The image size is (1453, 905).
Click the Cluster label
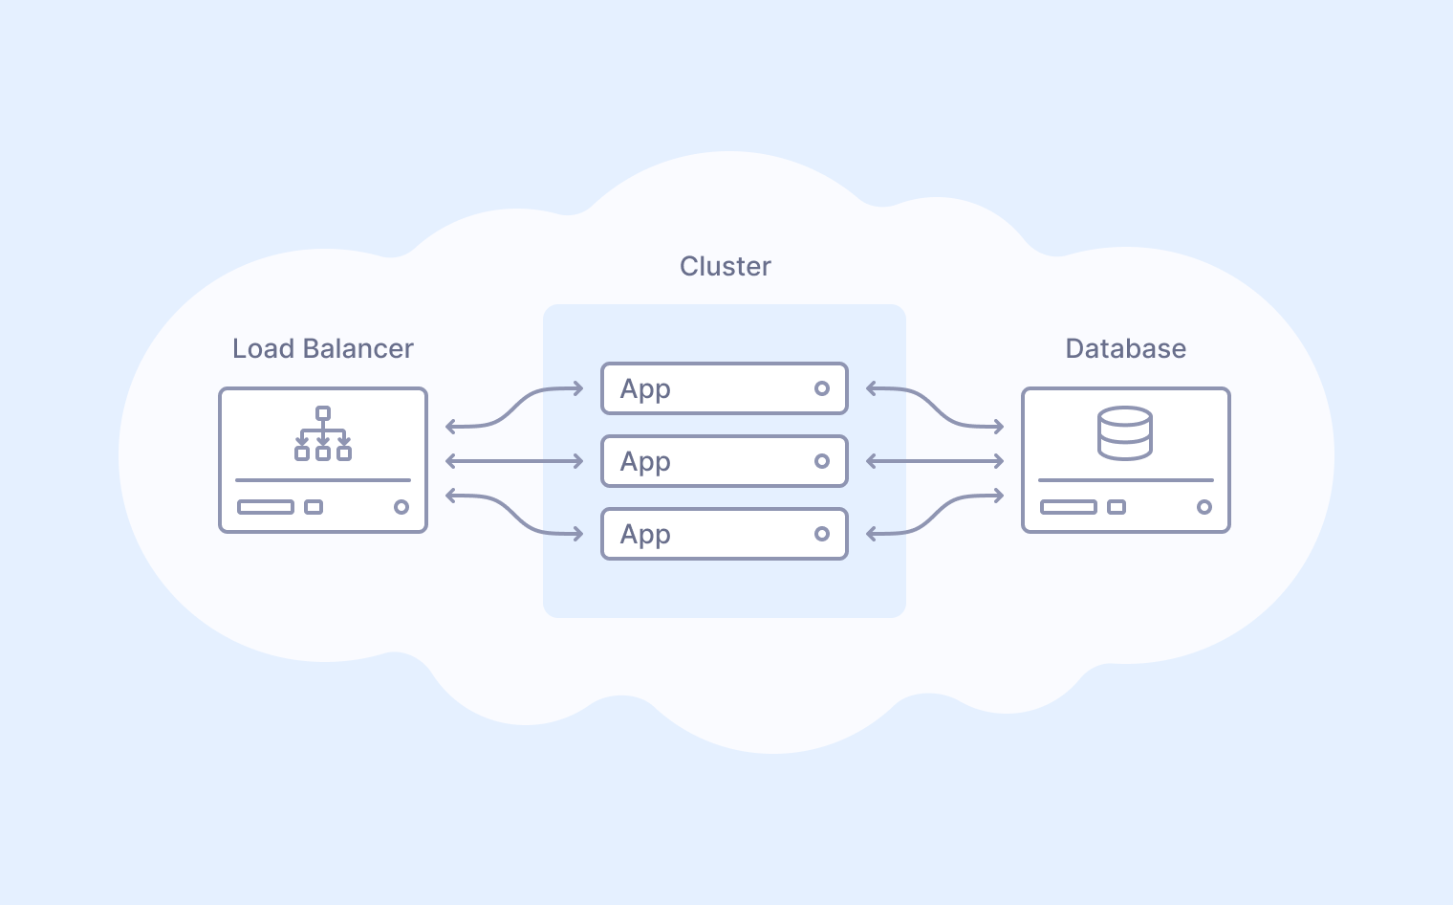pos(725,266)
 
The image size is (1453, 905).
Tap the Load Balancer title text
pos(323,348)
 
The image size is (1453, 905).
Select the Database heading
pos(1125,348)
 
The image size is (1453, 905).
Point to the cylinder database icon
pos(1125,433)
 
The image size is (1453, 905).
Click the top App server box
pos(724,388)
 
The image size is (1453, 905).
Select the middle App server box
pos(724,461)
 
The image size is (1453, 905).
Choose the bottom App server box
pos(724,534)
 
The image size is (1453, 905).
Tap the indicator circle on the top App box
pos(821,388)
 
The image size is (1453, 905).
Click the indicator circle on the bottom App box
pos(821,534)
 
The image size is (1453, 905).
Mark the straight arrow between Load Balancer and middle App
pos(514,461)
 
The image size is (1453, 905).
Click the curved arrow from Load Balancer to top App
pos(514,408)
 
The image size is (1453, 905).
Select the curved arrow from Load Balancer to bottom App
pos(514,515)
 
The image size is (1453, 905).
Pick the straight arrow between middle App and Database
pos(935,461)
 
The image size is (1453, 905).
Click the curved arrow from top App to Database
pos(935,408)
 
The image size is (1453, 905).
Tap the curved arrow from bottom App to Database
pos(935,515)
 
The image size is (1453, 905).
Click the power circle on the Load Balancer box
pos(401,507)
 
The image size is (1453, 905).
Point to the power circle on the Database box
pos(1204,507)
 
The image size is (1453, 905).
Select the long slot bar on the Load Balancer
pos(266,507)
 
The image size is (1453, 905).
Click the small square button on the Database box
pos(1117,507)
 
